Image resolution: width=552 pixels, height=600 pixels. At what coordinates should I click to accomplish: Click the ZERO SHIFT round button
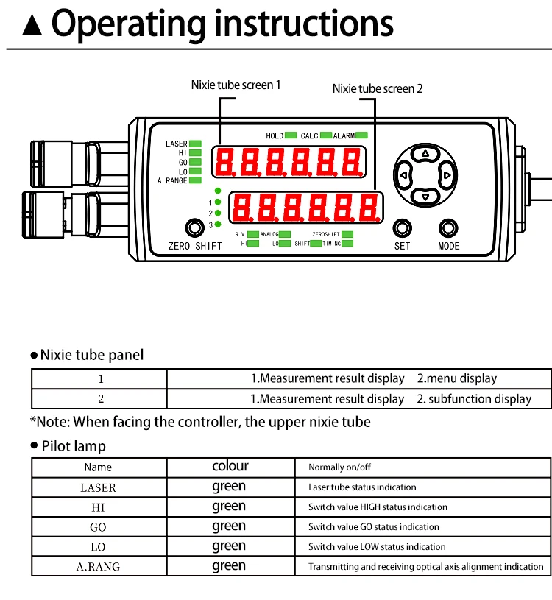pos(194,227)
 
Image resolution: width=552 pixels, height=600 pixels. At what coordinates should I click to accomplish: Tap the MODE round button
pos(448,227)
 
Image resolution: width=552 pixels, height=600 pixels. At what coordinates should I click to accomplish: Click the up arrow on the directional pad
pos(424,154)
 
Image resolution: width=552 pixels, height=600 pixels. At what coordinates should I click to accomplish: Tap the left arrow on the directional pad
pos(403,175)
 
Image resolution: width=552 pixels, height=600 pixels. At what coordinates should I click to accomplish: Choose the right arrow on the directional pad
pos(445,175)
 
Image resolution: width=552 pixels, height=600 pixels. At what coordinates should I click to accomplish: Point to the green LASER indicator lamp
pos(196,144)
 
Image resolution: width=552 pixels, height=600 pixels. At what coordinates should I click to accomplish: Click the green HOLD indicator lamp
pos(291,135)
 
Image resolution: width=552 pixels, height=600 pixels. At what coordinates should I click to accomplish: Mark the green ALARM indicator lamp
pos(361,135)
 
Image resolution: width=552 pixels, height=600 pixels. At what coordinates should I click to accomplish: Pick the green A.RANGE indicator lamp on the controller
pos(196,180)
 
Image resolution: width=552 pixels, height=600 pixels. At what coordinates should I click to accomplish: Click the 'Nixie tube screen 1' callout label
pos(236,85)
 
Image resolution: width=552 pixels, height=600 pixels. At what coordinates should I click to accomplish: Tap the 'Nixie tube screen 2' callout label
pos(378,88)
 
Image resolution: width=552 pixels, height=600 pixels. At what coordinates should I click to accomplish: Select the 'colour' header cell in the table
pos(230,466)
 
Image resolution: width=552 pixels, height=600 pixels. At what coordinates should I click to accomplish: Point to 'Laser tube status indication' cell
pos(362,487)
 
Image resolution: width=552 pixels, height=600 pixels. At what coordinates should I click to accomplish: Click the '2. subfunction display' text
pos(474,399)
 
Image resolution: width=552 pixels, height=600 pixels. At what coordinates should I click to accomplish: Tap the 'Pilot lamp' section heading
pos(74,446)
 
